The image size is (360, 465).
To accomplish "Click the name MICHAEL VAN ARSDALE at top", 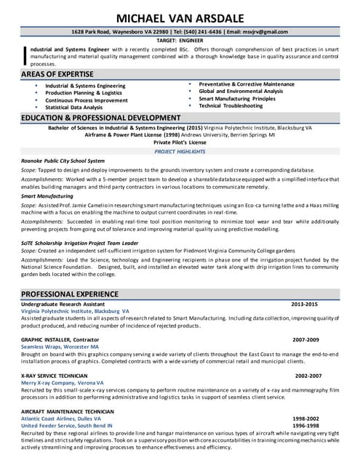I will coord(180,17).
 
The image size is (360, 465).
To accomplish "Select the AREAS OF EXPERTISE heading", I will coord(57,74).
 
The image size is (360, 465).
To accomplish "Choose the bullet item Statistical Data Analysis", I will coord(73,108).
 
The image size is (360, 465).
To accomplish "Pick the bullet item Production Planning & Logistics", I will coord(84,93).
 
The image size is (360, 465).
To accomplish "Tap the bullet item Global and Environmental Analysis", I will coord(241,92).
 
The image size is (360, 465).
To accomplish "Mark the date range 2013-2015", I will coord(304,303).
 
